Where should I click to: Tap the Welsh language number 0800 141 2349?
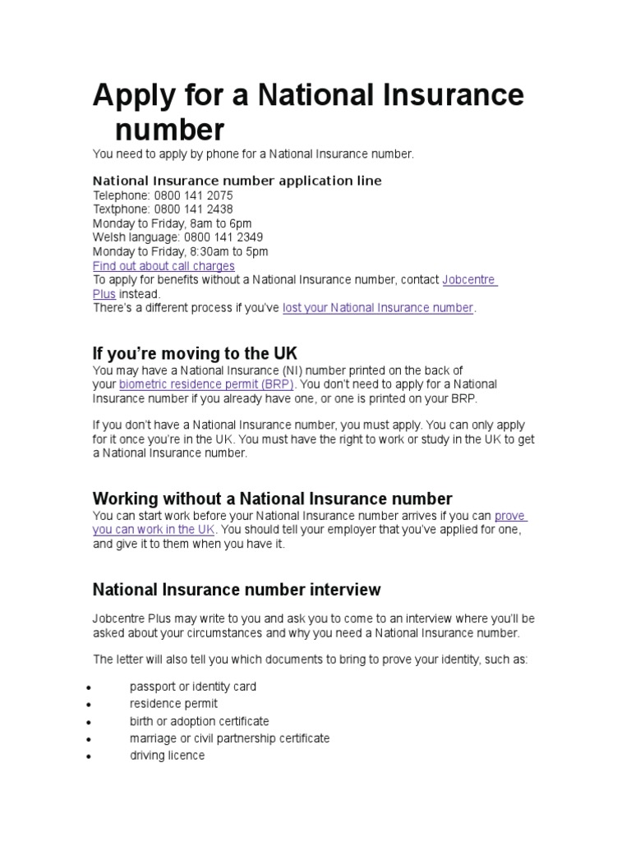click(223, 237)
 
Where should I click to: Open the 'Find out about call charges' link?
click(164, 266)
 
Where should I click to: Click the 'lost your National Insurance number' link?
click(378, 308)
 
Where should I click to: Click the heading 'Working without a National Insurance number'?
click(272, 499)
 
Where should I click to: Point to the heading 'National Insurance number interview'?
click(237, 589)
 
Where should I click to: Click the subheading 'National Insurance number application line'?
click(237, 181)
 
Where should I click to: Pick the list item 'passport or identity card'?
click(193, 687)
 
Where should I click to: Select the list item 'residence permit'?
click(173, 704)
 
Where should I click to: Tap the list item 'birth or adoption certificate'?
click(199, 721)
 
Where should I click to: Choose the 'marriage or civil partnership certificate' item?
click(229, 738)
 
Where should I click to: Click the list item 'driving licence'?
click(167, 756)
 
